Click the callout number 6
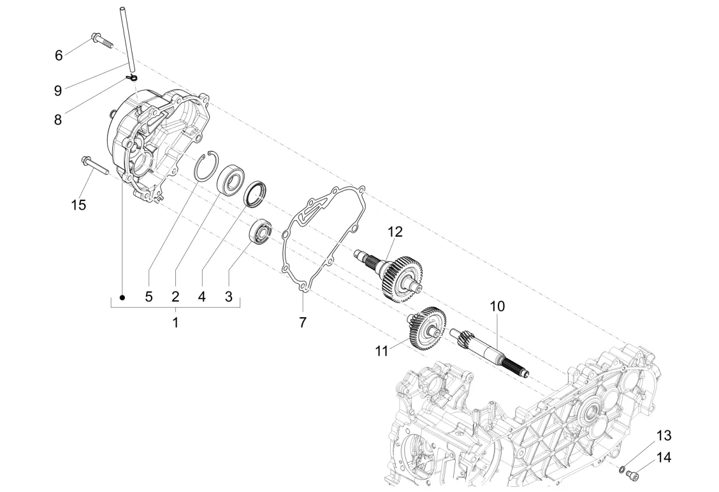click(x=59, y=56)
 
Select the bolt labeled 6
click(x=102, y=40)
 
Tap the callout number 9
click(x=58, y=91)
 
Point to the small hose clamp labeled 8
click(x=131, y=77)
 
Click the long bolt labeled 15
click(x=94, y=166)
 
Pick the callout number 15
click(x=78, y=205)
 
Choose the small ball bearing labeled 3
click(x=262, y=231)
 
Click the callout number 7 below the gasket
click(x=302, y=323)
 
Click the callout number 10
click(x=497, y=306)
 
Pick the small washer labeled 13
click(x=621, y=469)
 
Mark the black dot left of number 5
click(x=122, y=297)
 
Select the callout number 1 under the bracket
click(x=175, y=323)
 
